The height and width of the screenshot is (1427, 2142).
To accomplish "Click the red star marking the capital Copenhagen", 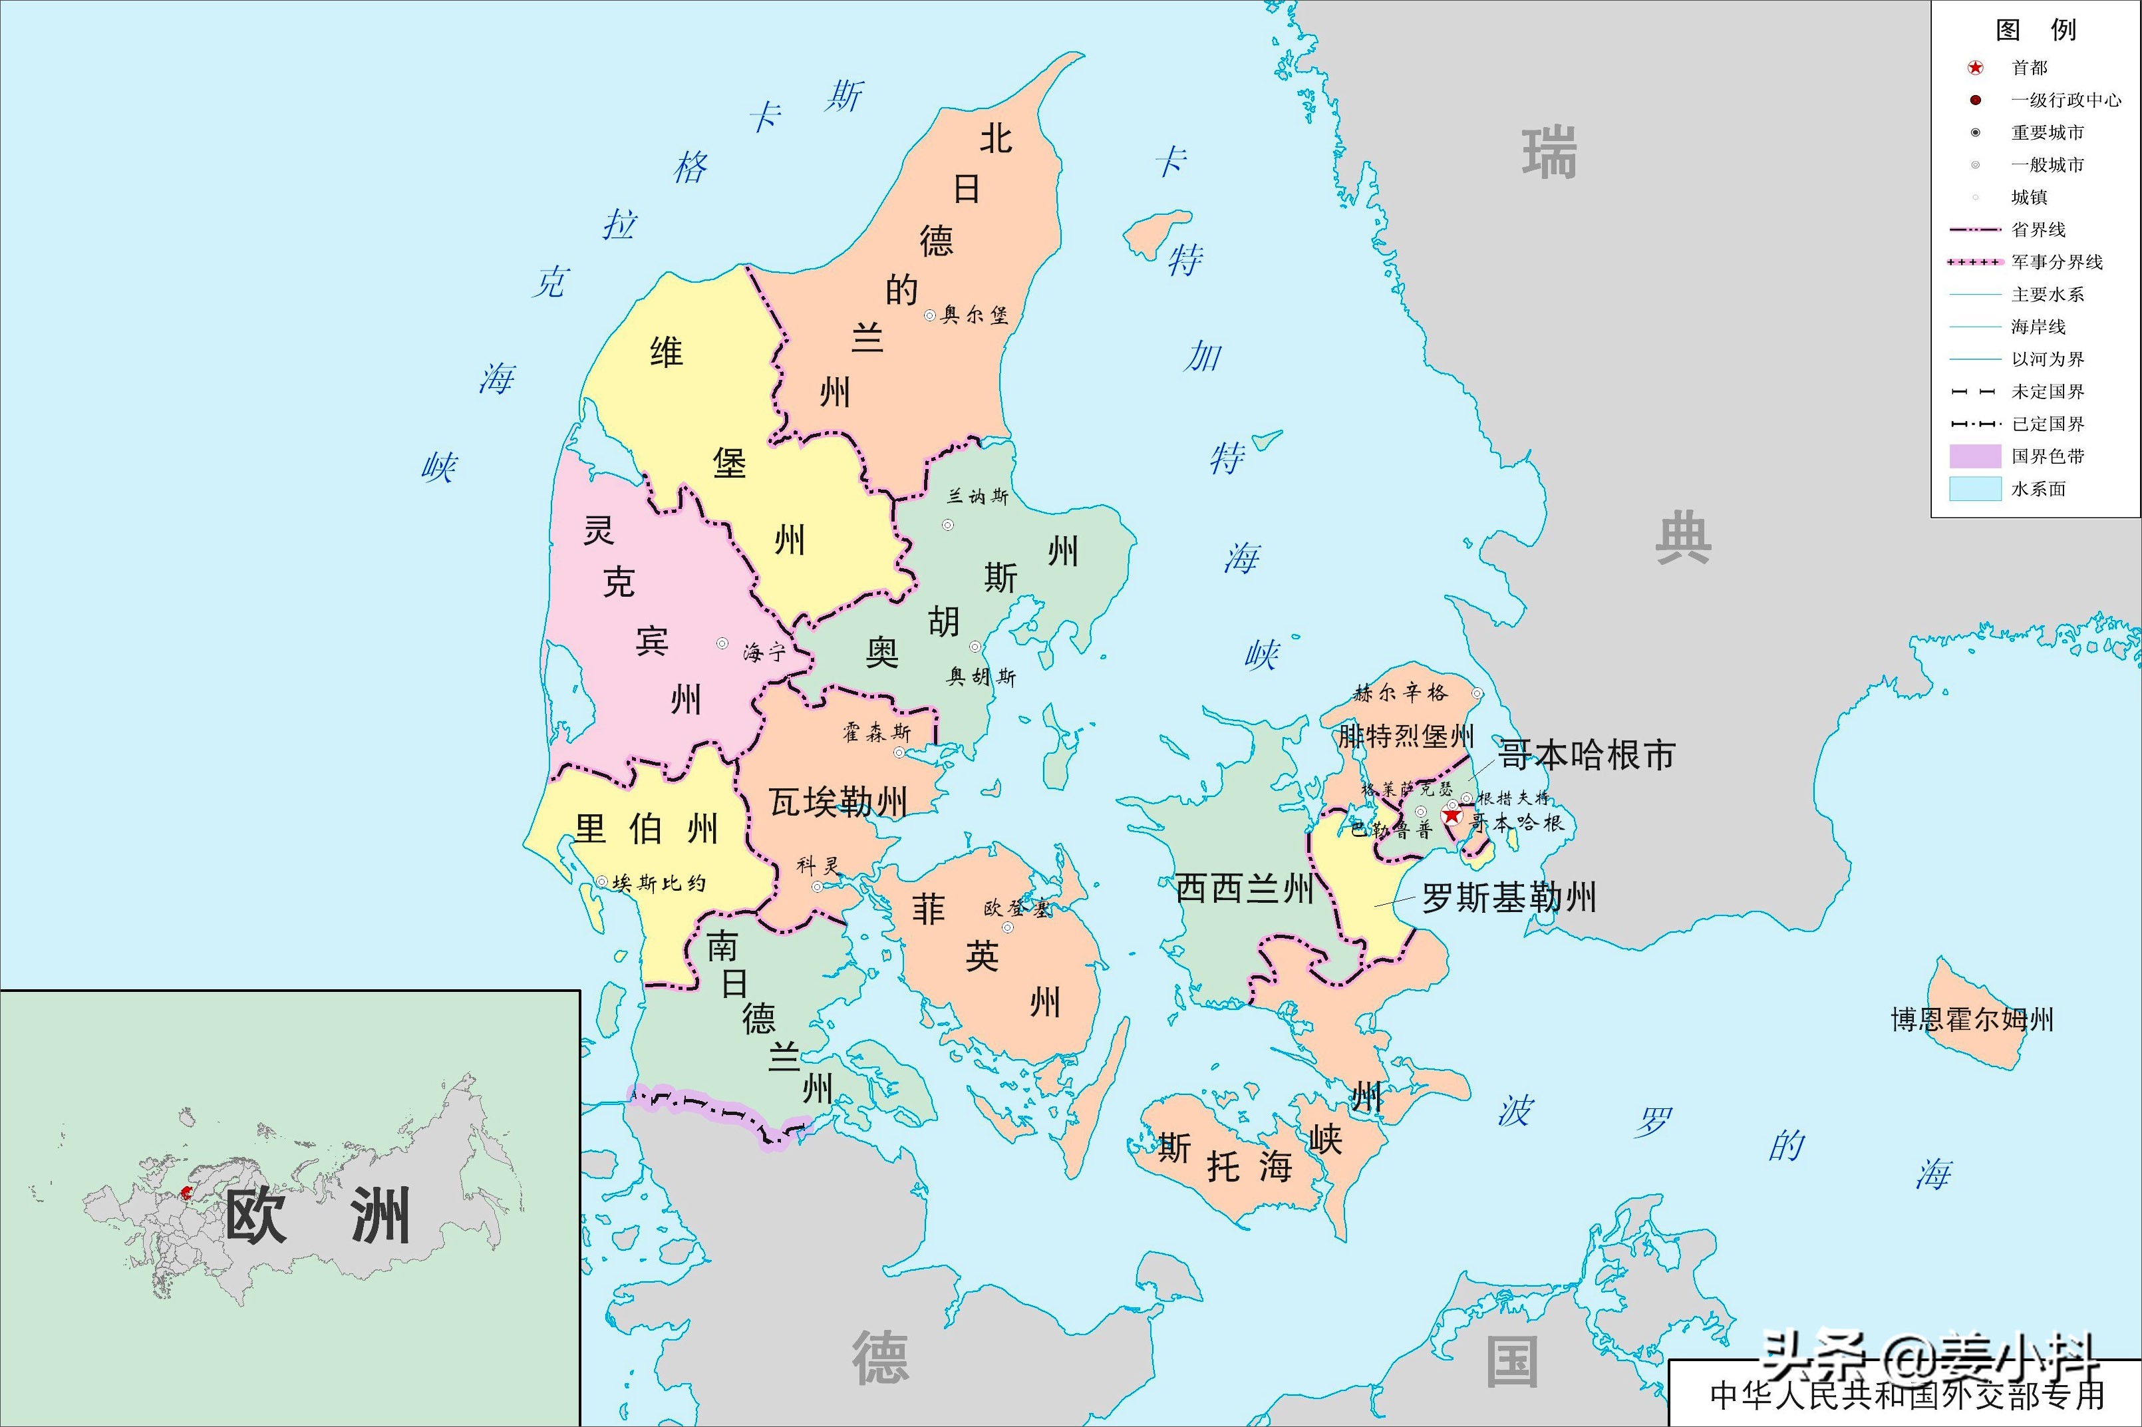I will click(1452, 816).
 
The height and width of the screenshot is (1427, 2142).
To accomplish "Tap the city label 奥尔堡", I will click(974, 315).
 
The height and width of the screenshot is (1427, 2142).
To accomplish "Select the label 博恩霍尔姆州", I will click(1972, 1019).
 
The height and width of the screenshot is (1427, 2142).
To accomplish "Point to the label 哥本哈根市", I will click(1586, 755).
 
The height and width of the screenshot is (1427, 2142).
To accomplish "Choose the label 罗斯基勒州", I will click(1509, 898).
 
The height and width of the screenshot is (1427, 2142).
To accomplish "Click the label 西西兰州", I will click(1244, 888).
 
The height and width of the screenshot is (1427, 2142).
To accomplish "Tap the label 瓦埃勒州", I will click(837, 802).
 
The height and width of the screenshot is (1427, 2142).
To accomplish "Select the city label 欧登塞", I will click(1016, 907).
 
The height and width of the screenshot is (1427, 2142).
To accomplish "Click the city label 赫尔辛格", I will click(1400, 693).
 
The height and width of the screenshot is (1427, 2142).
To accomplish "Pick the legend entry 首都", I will click(2029, 67).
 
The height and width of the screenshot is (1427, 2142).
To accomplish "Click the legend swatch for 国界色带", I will click(1974, 456).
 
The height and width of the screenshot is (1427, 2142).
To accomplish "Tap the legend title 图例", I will click(2035, 30).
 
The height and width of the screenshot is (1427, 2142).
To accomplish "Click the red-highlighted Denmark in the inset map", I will click(188, 1191).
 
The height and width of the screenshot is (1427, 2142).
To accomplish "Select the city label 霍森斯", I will click(875, 732).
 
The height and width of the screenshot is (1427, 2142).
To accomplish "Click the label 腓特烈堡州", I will click(1405, 735).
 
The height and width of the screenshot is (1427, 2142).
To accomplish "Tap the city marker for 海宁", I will click(722, 643).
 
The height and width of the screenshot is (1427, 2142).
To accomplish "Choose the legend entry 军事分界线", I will click(2056, 262).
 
